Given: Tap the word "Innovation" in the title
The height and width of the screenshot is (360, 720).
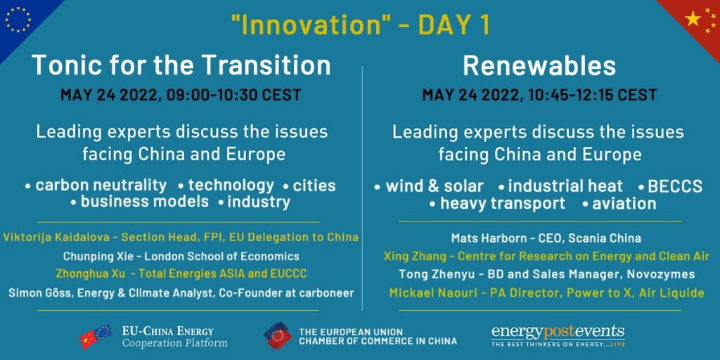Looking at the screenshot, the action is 311,25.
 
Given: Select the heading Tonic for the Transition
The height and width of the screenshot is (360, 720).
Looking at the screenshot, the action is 181,65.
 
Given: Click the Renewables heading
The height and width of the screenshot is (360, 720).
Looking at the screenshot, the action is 539,65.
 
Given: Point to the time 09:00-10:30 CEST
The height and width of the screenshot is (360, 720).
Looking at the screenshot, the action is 233,95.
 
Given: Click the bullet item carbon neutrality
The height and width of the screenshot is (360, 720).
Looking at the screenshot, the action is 101,186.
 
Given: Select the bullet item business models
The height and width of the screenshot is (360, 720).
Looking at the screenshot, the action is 145,202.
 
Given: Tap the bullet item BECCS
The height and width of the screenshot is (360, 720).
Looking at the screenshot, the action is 674,186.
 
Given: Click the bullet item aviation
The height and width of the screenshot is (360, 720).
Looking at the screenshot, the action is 624,203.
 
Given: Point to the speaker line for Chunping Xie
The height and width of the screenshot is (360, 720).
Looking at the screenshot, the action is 181,256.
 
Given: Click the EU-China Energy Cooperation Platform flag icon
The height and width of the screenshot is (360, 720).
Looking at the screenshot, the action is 96,337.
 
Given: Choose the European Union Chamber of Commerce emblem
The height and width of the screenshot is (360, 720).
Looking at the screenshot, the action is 278,335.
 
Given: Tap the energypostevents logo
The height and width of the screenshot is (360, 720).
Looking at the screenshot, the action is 558,335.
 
